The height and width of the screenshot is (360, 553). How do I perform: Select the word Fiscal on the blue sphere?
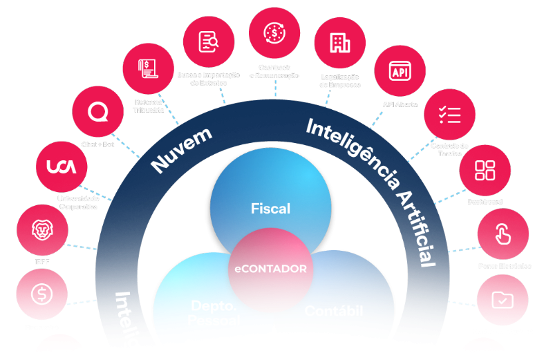[270, 208]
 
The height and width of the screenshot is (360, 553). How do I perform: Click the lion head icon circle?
[42, 230]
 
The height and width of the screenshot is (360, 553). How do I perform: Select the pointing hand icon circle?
[503, 234]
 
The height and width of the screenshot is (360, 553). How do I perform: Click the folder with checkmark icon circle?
[502, 300]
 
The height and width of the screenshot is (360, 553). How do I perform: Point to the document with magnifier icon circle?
[209, 43]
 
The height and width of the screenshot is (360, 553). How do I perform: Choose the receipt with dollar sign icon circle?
[148, 69]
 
